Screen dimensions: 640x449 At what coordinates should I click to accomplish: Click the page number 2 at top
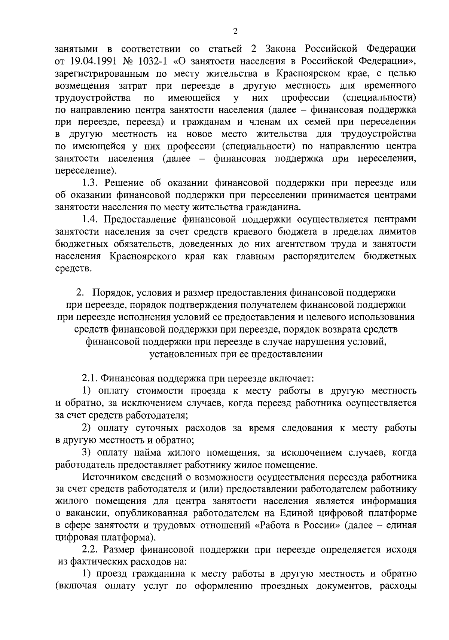235,31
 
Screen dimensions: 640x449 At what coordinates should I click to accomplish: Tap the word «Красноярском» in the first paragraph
308,73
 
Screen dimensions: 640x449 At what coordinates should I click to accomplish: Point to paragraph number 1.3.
91,183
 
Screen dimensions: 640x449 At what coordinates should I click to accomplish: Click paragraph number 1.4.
91,220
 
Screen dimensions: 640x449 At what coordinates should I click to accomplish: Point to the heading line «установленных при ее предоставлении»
236,354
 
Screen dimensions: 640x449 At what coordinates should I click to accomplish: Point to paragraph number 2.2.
91,550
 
